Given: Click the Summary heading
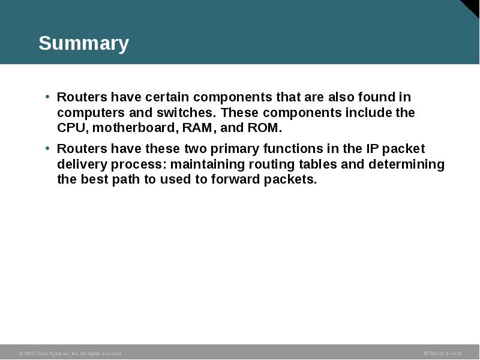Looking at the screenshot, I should (x=83, y=44).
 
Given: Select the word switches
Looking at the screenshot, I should (x=186, y=113).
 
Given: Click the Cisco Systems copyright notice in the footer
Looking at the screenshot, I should (x=70, y=354).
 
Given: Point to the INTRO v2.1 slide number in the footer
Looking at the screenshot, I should (x=442, y=354).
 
